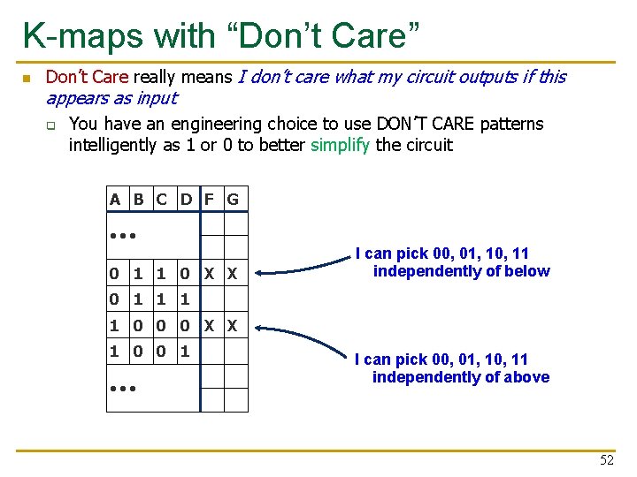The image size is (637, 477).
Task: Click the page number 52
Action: pos(606,460)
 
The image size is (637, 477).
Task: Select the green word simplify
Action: pos(341,145)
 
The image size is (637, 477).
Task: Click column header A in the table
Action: pos(115,200)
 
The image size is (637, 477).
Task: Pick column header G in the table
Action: pos(233,200)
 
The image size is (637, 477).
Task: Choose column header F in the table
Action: pos(210,200)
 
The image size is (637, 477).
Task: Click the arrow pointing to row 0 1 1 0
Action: pos(301,261)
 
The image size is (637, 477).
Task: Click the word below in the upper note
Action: pos(527,271)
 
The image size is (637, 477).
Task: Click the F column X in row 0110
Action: pos(210,275)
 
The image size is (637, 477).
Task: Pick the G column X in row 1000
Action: pos(233,326)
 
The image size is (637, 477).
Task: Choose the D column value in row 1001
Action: pos(185,352)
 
